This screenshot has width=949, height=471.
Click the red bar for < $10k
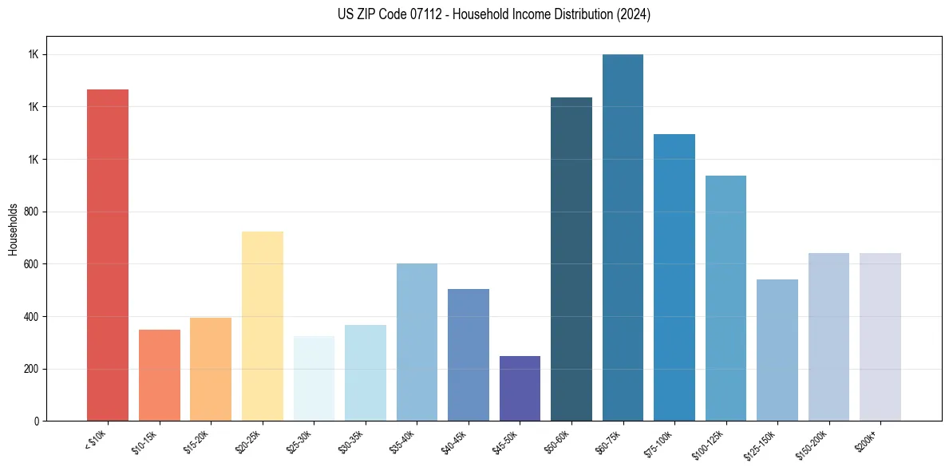tap(108, 255)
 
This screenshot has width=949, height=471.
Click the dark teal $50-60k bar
tap(571, 259)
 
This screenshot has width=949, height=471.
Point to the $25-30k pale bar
tap(314, 378)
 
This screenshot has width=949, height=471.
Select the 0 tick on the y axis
tap(35, 421)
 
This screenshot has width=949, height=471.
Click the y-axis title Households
tap(13, 228)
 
